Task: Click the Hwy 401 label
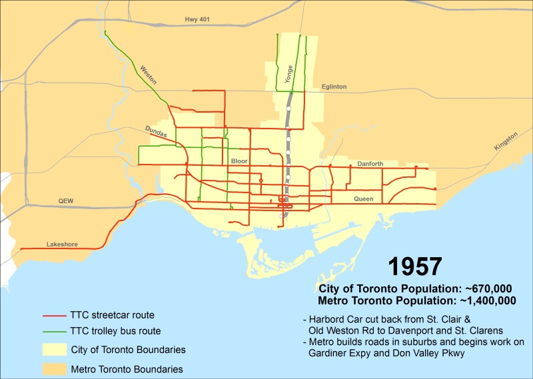tap(197, 20)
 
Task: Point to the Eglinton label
tap(334, 87)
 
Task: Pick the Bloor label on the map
tap(239, 161)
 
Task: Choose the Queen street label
tap(363, 198)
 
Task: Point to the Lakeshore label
tap(62, 244)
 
